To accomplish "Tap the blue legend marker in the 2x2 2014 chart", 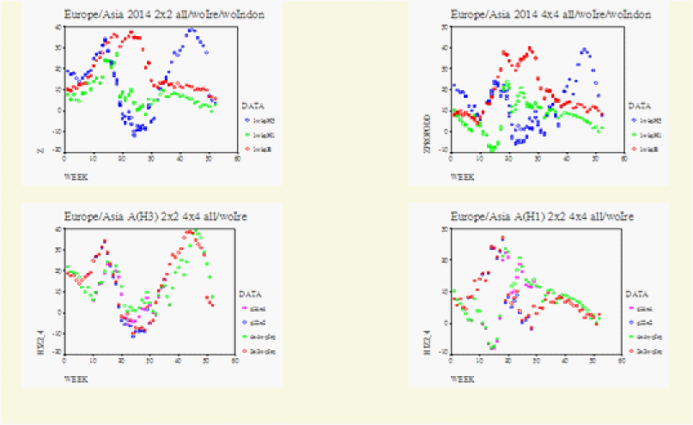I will pos(246,120).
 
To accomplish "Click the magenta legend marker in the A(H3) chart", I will pos(246,307).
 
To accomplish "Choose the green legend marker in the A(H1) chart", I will pos(633,337).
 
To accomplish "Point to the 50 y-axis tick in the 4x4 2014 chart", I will pos(442,27).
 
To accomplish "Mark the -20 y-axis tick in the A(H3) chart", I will pos(56,353).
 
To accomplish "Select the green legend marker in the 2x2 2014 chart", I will pos(246,135).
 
